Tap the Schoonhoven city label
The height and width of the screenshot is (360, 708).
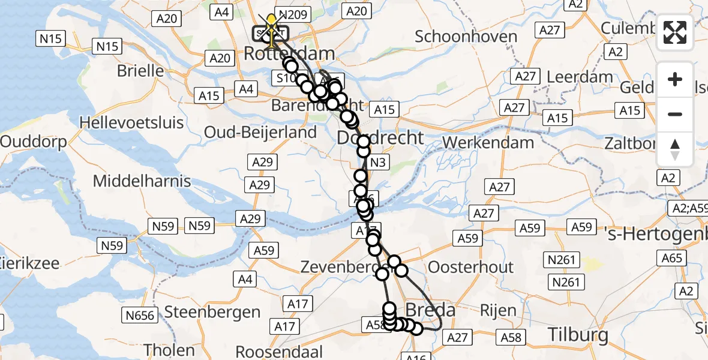466,37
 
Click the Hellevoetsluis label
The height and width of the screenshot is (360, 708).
132,123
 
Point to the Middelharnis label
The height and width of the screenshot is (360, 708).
142,181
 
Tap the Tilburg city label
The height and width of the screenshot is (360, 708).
578,334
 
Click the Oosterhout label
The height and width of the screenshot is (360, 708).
471,267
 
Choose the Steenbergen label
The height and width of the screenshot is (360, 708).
212,312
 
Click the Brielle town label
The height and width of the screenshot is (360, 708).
140,71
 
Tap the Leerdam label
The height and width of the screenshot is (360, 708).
580,77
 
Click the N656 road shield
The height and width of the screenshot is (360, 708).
140,315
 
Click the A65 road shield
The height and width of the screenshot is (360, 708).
673,258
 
